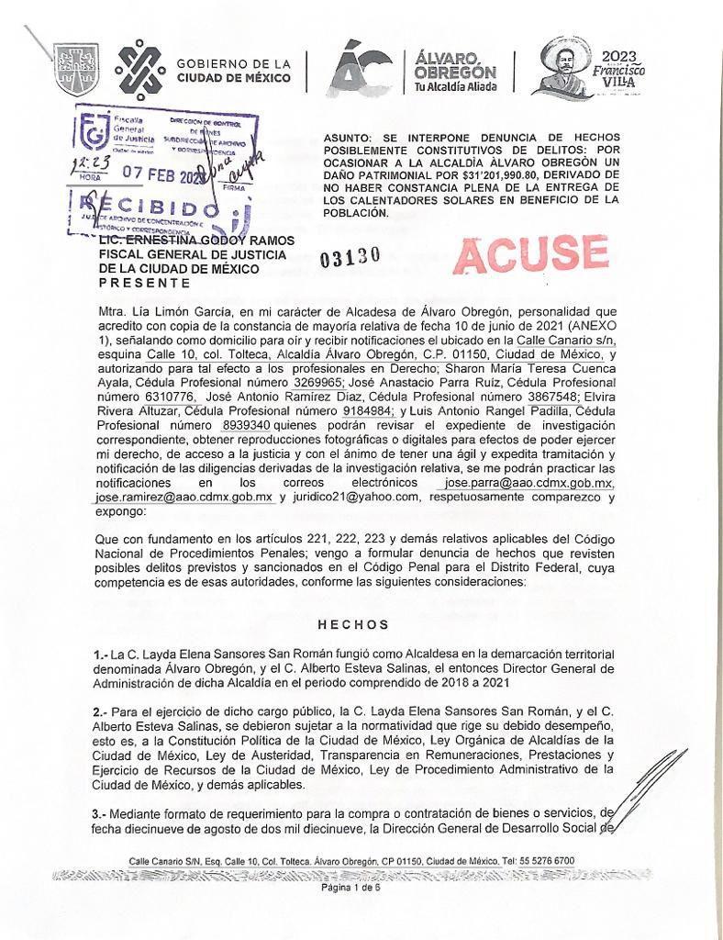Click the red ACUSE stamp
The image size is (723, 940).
click(x=531, y=253)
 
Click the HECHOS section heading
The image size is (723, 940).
click(x=353, y=624)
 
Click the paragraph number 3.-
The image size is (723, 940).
click(x=102, y=814)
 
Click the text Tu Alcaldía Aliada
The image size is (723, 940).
click(x=455, y=87)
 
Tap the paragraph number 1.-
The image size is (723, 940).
click(x=101, y=654)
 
